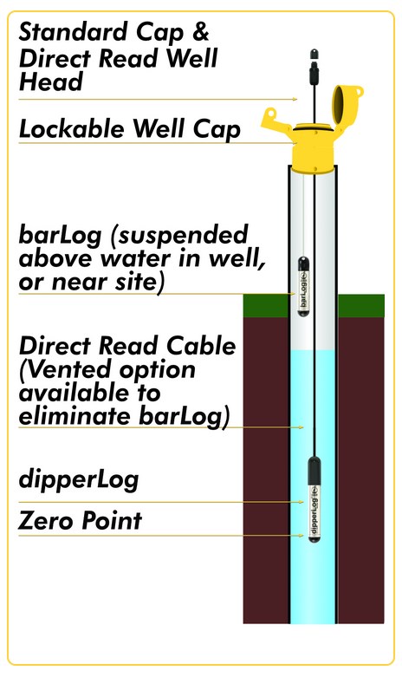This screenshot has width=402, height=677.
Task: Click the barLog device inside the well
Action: point(303,286)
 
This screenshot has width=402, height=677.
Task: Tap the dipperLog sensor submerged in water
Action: point(314,499)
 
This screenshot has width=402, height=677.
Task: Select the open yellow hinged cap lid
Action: point(347,105)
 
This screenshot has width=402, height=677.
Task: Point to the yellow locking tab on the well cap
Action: point(275,121)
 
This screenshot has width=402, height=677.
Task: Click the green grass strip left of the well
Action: point(266,306)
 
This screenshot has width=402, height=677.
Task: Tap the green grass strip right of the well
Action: point(361,306)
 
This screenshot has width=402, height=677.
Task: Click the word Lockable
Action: point(72,128)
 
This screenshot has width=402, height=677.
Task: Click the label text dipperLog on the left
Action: point(79,480)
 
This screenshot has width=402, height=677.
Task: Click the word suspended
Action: point(184,236)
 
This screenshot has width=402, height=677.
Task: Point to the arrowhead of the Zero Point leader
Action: point(301,536)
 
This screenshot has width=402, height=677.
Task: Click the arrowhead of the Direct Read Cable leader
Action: point(301,427)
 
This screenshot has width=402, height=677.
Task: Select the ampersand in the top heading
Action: point(201,32)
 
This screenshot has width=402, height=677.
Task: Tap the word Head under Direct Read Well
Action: point(50,81)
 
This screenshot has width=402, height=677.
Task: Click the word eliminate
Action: point(75,416)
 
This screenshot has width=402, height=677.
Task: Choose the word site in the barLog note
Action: point(138,283)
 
